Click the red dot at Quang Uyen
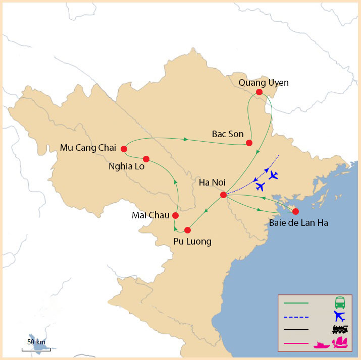(259, 92)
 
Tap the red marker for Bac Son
(249, 143)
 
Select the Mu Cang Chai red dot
(124, 149)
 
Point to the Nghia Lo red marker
(146, 158)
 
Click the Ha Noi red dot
(224, 195)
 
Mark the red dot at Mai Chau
(175, 215)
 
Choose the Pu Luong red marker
(187, 230)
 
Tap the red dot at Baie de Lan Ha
(295, 211)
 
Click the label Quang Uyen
(264, 82)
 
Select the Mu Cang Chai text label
(88, 148)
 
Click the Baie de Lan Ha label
(298, 223)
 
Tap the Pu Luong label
(192, 242)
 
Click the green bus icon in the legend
(340, 303)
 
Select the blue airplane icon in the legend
(340, 316)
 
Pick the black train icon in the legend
(340, 330)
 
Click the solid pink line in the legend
(296, 343)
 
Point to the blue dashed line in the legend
(296, 317)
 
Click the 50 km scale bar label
(36, 342)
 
